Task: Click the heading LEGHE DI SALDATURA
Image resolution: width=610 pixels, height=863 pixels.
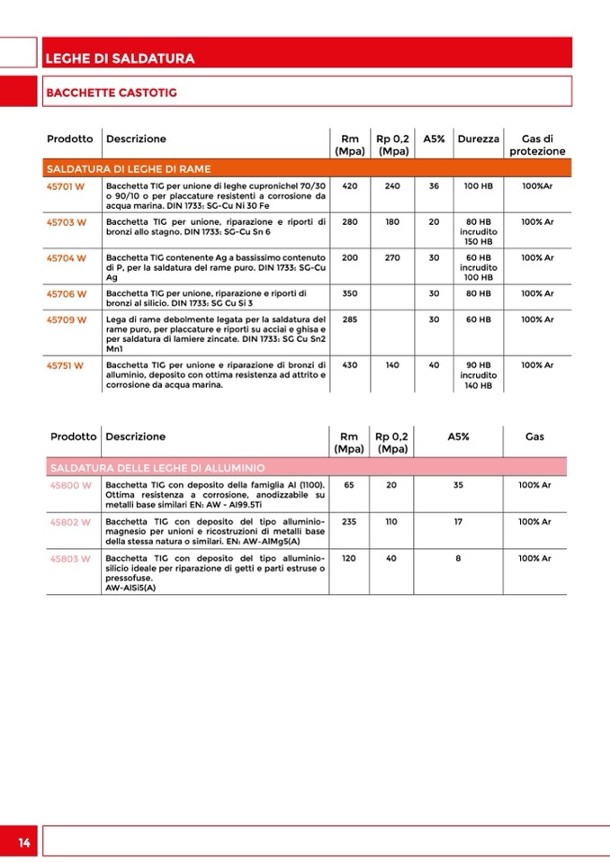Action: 119,58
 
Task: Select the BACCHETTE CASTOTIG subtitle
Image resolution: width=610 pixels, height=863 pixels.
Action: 111,92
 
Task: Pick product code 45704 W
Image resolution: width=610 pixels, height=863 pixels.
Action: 66,257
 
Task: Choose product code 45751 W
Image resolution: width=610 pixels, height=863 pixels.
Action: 65,365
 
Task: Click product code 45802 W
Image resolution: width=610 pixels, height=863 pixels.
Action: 70,522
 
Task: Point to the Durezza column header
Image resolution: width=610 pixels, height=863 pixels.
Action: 478,139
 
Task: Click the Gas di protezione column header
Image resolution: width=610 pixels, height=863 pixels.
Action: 537,146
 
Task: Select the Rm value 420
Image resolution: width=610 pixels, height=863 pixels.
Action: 350,185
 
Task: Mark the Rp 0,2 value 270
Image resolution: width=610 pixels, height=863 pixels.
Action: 392,257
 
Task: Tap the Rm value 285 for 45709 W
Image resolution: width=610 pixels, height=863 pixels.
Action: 350,319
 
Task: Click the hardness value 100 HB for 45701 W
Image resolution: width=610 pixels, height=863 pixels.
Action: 478,185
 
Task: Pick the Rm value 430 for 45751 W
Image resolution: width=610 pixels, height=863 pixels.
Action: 350,365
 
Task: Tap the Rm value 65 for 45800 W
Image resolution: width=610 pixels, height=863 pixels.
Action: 349,485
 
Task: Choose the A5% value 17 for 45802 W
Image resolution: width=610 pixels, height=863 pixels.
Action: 458,522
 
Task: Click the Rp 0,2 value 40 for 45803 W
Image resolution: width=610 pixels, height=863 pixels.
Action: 391,558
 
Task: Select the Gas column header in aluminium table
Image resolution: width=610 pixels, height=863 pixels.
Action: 534,436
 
